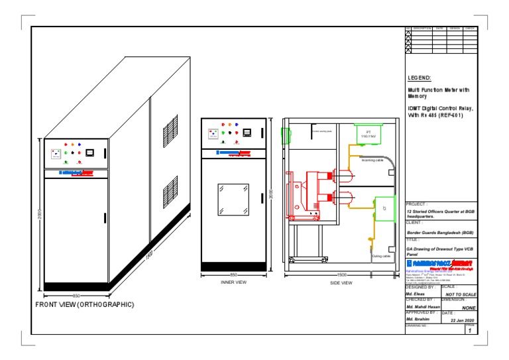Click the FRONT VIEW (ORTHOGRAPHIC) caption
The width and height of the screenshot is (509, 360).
pos(84,304)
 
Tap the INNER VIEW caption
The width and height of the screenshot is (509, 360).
pos(233,282)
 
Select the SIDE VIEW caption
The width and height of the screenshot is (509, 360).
pos(341,283)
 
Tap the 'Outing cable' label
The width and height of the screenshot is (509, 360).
pos(380,255)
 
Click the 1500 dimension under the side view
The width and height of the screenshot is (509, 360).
pos(341,274)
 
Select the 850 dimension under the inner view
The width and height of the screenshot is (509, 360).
pos(233,274)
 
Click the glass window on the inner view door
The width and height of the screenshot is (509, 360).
pos(233,198)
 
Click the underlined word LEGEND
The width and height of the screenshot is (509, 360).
pos(419,78)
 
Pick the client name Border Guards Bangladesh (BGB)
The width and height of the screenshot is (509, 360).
pos(439,233)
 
